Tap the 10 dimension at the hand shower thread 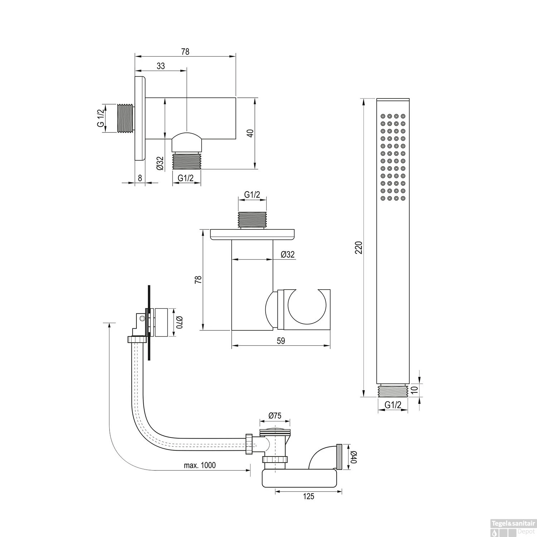click(415, 390)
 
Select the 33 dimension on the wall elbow click(161, 66)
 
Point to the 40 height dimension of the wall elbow click(251, 133)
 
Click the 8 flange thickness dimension click(140, 177)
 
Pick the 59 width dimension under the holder click(281, 340)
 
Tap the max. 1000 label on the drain click(200, 465)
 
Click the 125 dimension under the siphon click(308, 496)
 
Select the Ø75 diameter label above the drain click(275, 416)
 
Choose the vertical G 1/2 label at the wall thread click(101, 118)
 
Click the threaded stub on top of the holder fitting click(252, 219)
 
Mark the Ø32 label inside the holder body click(287, 254)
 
